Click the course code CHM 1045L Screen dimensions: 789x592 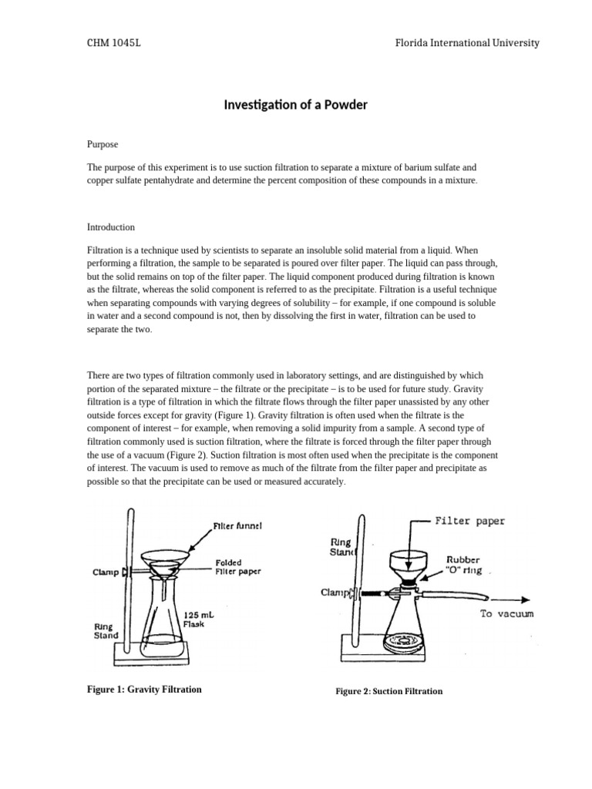[113, 43]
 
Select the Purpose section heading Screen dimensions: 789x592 [104, 144]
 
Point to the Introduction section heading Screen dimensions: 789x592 [111, 227]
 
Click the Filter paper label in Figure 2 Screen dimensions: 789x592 [470, 521]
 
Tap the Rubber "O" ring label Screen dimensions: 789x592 [464, 566]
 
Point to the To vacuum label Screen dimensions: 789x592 [506, 614]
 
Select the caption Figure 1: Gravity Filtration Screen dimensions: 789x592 [144, 689]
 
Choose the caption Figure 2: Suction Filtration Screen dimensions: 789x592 [388, 691]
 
